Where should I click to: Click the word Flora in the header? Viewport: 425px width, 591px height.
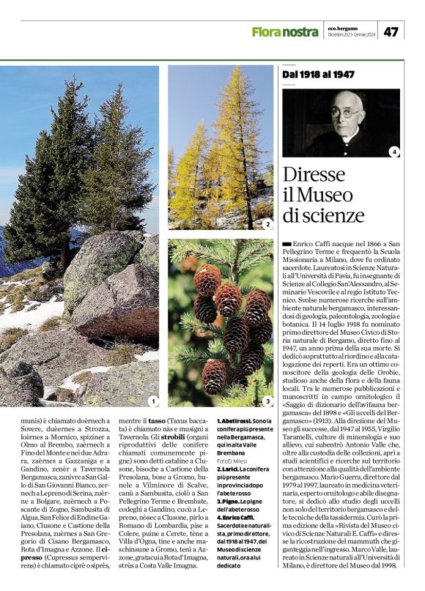click(x=267, y=31)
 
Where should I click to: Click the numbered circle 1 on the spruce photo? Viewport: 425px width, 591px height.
click(x=152, y=401)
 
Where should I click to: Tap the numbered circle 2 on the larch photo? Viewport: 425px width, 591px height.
click(x=268, y=224)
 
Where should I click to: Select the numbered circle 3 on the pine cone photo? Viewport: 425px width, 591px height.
click(x=268, y=401)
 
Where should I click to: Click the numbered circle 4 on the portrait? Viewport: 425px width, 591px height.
click(x=394, y=152)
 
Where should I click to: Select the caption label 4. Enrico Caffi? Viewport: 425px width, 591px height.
click(x=235, y=497)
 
